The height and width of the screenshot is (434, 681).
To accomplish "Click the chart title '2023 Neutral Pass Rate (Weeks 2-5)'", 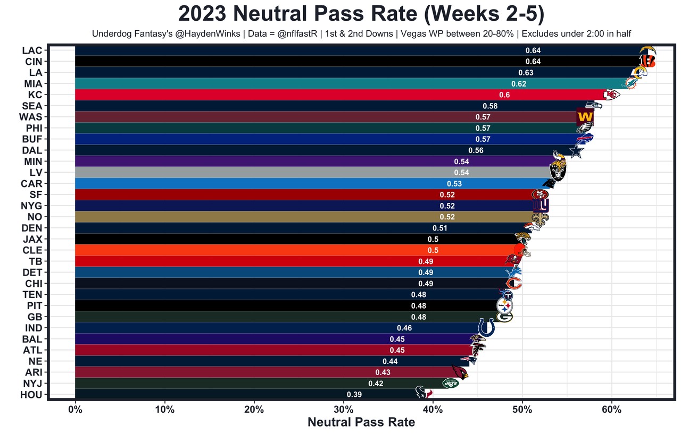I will pyautogui.click(x=361, y=14).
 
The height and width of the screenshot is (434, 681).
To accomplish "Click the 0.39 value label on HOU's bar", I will pyautogui.click(x=354, y=395).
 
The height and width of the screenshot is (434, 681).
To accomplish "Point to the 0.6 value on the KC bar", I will pyautogui.click(x=504, y=95).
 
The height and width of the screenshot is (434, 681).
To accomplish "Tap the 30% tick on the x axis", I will pyautogui.click(x=344, y=410).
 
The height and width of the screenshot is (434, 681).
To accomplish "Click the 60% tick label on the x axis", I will pyautogui.click(x=612, y=410).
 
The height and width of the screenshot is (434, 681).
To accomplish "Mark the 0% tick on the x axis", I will pyautogui.click(x=76, y=410).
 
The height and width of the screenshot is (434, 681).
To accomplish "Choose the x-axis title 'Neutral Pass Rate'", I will pyautogui.click(x=361, y=423).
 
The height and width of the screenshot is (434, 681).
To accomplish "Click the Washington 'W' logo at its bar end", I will pyautogui.click(x=585, y=116).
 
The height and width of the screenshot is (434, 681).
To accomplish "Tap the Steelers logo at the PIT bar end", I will pyautogui.click(x=504, y=306).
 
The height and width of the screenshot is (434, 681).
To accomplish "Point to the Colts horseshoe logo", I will pyautogui.click(x=486, y=327).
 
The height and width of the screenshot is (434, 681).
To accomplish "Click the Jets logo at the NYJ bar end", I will pyautogui.click(x=450, y=383).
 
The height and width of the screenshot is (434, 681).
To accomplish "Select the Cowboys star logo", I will pyautogui.click(x=576, y=151).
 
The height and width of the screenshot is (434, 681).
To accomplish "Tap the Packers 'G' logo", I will pyautogui.click(x=504, y=317).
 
